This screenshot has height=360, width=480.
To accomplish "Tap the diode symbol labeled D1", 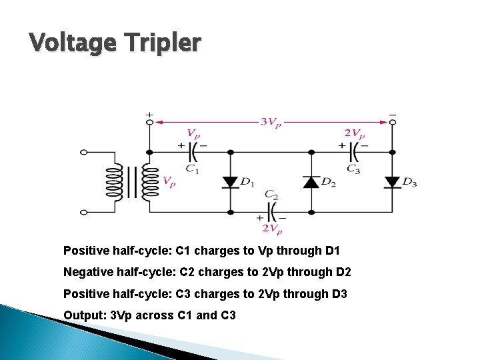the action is pyautogui.click(x=231, y=181).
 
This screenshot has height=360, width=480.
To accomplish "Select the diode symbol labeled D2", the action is pyautogui.click(x=311, y=181).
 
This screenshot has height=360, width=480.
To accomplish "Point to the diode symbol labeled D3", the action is pyautogui.click(x=392, y=181).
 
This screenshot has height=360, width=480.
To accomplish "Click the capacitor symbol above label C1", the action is pyautogui.click(x=192, y=152).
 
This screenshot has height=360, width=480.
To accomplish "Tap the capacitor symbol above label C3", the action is pyautogui.click(x=354, y=152).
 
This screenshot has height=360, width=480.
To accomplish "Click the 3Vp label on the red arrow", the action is pyautogui.click(x=270, y=123).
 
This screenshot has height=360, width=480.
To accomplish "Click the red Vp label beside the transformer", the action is pyautogui.click(x=169, y=181).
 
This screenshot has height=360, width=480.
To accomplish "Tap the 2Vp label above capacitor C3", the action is pyautogui.click(x=354, y=133).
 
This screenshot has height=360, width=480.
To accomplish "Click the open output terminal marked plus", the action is pyautogui.click(x=149, y=122).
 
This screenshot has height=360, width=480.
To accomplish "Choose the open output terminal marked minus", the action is pyautogui.click(x=392, y=122).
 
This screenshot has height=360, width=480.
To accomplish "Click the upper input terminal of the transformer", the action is pyautogui.click(x=84, y=152).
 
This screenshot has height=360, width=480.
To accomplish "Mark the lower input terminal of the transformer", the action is pyautogui.click(x=84, y=212).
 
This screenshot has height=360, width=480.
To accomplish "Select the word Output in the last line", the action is pyautogui.click(x=80, y=315).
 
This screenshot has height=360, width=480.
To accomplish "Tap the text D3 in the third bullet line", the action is pyautogui.click(x=339, y=293).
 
